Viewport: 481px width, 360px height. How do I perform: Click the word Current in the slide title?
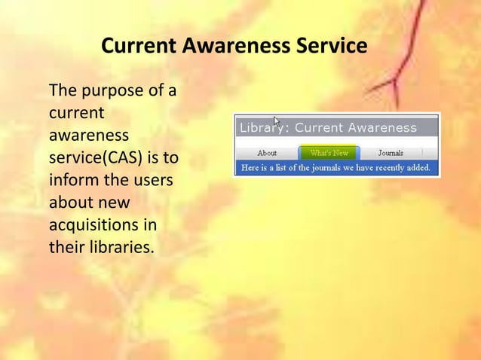point(138,47)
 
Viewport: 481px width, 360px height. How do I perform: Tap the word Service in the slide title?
point(329,47)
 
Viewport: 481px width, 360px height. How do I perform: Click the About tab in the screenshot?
point(267,152)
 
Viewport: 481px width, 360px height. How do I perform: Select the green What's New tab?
point(329,152)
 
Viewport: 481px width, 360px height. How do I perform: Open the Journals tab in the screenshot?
point(391,152)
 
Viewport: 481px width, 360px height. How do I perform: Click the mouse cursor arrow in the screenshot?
point(277,122)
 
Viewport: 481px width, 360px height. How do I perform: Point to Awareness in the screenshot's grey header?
point(381,127)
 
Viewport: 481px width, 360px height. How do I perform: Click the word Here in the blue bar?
point(250,167)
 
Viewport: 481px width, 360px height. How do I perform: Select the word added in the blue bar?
point(424,167)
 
